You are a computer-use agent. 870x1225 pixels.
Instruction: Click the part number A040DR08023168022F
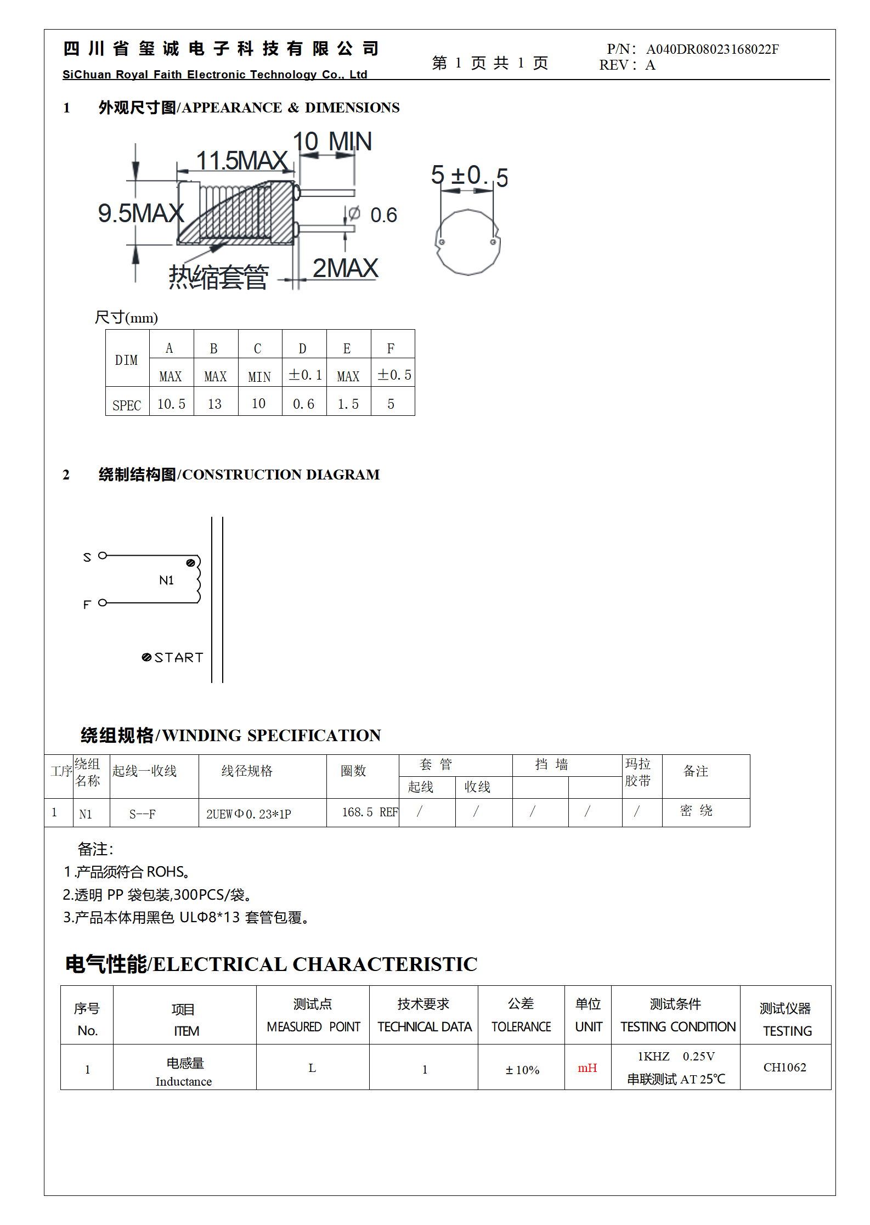click(x=712, y=49)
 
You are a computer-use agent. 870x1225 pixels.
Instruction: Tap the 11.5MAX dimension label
click(x=242, y=161)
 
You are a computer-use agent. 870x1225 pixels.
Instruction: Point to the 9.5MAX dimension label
click(x=141, y=213)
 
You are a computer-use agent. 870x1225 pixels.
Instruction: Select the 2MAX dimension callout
click(x=345, y=268)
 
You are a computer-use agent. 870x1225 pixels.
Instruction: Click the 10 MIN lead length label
click(x=332, y=142)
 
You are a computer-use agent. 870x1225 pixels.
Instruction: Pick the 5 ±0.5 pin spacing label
click(x=469, y=176)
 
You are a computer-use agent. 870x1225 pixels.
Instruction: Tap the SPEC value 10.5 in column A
click(x=171, y=404)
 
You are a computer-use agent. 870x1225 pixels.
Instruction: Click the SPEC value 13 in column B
click(x=214, y=404)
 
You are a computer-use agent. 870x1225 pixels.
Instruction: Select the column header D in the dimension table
click(x=302, y=348)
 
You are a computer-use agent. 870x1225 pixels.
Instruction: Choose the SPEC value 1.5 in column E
click(x=348, y=404)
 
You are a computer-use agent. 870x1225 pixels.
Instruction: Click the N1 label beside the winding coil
click(x=166, y=580)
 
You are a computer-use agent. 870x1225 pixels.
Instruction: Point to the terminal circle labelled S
click(x=103, y=556)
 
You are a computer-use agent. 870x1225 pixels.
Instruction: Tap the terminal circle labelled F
click(x=103, y=603)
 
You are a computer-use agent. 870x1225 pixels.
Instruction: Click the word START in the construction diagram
click(x=178, y=657)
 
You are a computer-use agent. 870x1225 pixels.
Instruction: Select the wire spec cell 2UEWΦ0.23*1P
click(x=248, y=814)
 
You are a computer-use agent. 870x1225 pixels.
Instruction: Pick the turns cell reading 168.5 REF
click(x=369, y=812)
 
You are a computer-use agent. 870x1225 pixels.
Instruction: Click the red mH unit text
click(x=587, y=1068)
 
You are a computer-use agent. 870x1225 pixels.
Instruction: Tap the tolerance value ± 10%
click(x=522, y=1070)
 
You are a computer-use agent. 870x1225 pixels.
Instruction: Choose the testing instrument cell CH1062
click(x=784, y=1067)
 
